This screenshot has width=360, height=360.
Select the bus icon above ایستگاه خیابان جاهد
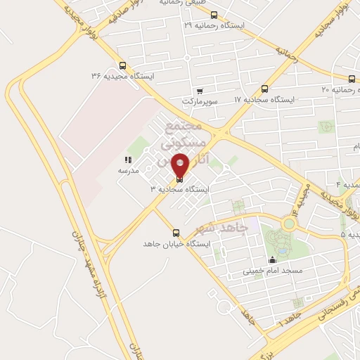176,233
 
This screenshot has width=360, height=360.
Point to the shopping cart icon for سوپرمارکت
200,91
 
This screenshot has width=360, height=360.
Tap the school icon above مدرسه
128,160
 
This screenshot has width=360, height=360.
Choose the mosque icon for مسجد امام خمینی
273,260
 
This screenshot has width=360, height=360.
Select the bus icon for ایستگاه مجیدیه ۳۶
124,63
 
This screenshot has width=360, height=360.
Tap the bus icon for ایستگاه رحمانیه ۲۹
214,14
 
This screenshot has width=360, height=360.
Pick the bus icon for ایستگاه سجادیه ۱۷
264,89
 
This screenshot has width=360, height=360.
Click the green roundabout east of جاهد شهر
288,224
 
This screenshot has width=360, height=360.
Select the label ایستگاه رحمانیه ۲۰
335,89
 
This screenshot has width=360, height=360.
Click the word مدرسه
128,171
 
